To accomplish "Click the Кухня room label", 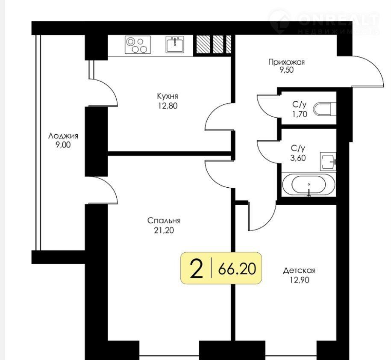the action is click(168, 96).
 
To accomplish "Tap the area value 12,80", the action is click(168, 106).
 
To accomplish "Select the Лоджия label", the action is click(63, 136).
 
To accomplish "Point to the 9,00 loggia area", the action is click(63, 145).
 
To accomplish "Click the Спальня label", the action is click(164, 221).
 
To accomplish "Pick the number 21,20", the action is click(164, 230).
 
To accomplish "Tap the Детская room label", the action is click(299, 271).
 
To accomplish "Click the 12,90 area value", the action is click(299, 280).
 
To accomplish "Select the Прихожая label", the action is click(286, 62).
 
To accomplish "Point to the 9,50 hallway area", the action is click(286, 70).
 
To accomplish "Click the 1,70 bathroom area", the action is click(300, 114).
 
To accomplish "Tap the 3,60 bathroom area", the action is click(298, 158).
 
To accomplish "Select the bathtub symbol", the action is click(309, 185).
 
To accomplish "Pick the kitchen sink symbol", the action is click(175, 44).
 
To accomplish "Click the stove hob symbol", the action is click(138, 44).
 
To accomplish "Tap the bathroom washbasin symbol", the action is click(328, 162).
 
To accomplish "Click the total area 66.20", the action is click(237, 269).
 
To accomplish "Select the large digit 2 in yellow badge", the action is click(196, 269).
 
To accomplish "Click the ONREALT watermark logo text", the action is click(338, 20).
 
